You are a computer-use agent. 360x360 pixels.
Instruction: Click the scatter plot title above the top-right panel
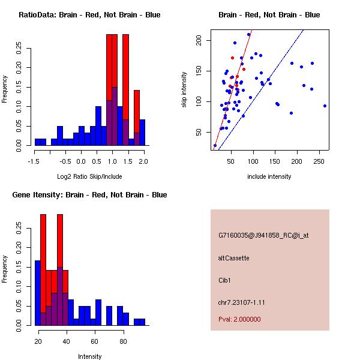pyautogui.click(x=269, y=15)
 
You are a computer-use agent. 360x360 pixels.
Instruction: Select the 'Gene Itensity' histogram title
pyautogui.click(x=89, y=195)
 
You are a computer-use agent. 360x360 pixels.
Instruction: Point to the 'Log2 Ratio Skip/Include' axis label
pyautogui.click(x=89, y=177)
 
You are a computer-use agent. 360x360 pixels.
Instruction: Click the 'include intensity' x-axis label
pyautogui.click(x=269, y=177)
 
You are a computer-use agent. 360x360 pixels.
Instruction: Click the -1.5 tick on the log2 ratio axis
pyautogui.click(x=35, y=161)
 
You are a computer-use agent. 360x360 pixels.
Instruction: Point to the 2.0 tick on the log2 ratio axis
pyautogui.click(x=143, y=161)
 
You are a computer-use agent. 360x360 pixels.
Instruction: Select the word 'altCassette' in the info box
pyautogui.click(x=234, y=258)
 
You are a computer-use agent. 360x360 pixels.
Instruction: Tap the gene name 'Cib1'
pyautogui.click(x=225, y=280)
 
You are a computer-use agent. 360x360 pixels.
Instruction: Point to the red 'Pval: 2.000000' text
pyautogui.click(x=239, y=319)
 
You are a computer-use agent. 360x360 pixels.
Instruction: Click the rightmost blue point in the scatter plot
pyautogui.click(x=325, y=106)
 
